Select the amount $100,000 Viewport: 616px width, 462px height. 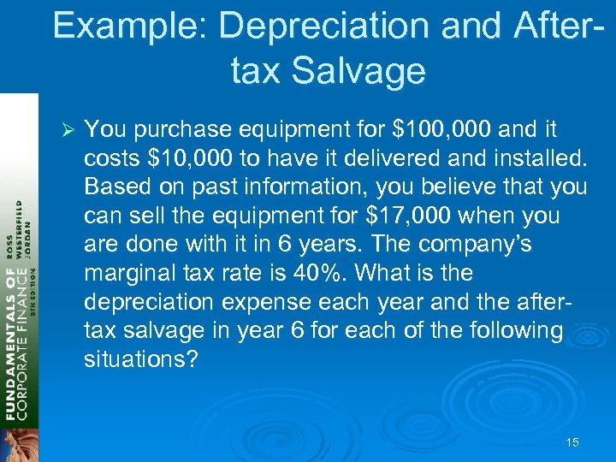(441, 129)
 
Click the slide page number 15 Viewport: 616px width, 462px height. (572, 442)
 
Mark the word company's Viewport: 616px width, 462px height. (483, 245)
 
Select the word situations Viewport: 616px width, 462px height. (140, 358)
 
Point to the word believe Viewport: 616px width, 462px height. (435, 187)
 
